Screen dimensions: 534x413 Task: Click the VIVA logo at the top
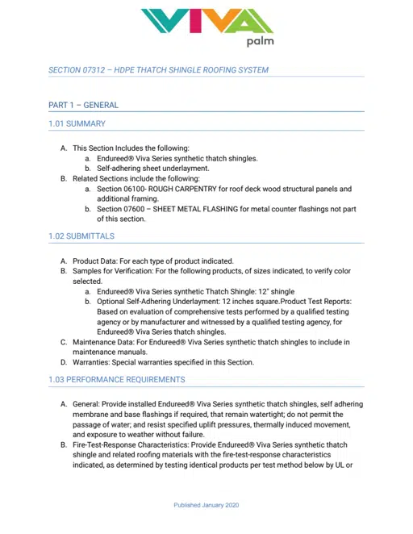pyautogui.click(x=206, y=21)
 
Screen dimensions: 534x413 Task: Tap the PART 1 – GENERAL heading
pyautogui.click(x=83, y=105)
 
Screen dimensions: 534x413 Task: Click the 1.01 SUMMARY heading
pyautogui.click(x=77, y=123)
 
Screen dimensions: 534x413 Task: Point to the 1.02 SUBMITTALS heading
pyautogui.click(x=81, y=236)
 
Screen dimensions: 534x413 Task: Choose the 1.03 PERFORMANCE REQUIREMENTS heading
pyautogui.click(x=117, y=379)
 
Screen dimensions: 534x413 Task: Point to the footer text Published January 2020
pyautogui.click(x=206, y=506)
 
